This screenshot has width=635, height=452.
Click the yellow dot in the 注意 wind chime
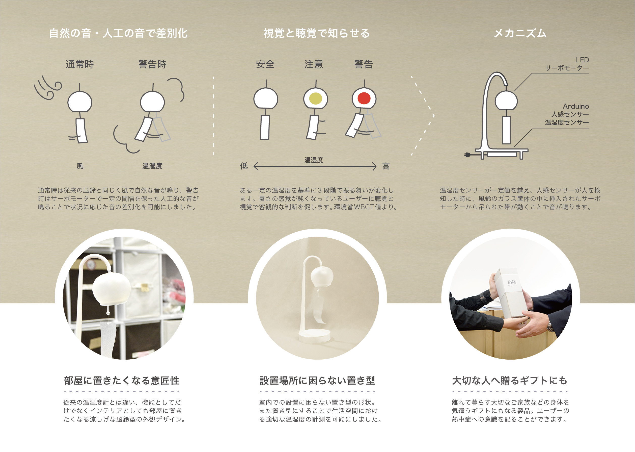(x=316, y=98)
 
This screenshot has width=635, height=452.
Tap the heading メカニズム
(x=520, y=33)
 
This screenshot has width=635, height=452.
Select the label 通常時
(x=80, y=64)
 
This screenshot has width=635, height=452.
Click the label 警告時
(x=153, y=64)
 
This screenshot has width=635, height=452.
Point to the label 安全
(x=265, y=64)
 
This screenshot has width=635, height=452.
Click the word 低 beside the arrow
(x=244, y=166)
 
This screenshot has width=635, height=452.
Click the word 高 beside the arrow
(x=386, y=166)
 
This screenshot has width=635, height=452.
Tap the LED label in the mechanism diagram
(x=582, y=60)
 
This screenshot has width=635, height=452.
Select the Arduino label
(x=576, y=106)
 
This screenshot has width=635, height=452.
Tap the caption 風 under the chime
(x=80, y=166)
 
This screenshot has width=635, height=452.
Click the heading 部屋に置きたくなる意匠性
(x=122, y=381)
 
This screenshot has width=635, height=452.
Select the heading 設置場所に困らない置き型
(x=317, y=381)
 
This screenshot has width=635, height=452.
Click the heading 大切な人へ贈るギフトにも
(x=510, y=381)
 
